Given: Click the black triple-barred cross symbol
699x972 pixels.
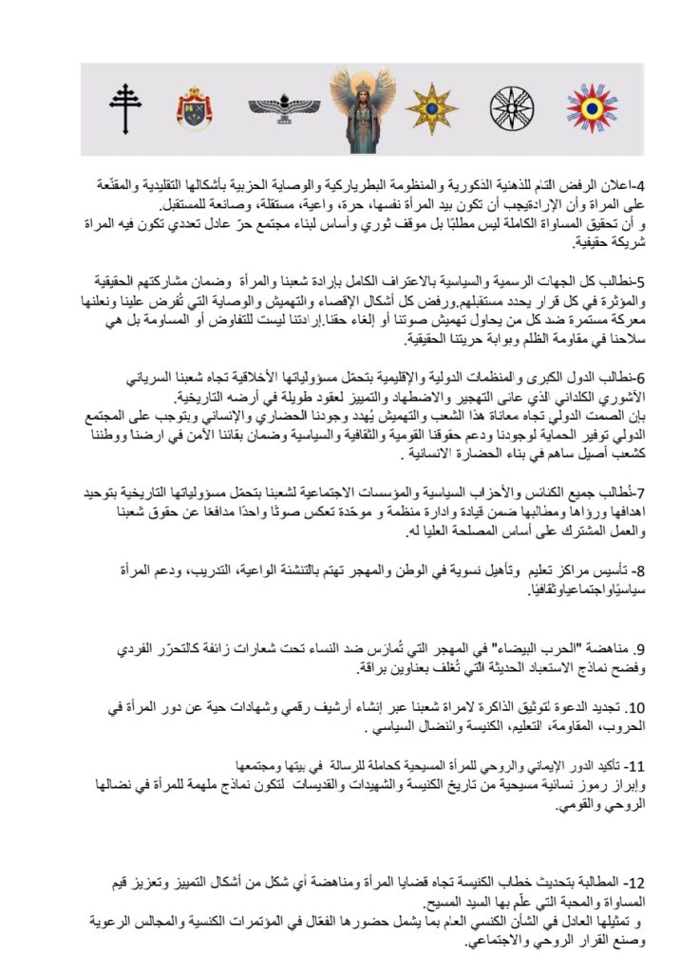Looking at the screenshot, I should [x=124, y=109].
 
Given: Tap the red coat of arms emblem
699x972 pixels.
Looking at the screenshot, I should [x=194, y=109].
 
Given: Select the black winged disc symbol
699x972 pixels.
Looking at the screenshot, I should [x=284, y=109].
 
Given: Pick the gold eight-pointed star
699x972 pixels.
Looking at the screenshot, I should [x=431, y=108].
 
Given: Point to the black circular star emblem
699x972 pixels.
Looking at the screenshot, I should [x=512, y=108].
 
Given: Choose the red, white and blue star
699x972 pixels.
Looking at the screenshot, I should [x=592, y=108].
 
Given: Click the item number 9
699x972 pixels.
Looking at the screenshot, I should [x=638, y=649].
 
